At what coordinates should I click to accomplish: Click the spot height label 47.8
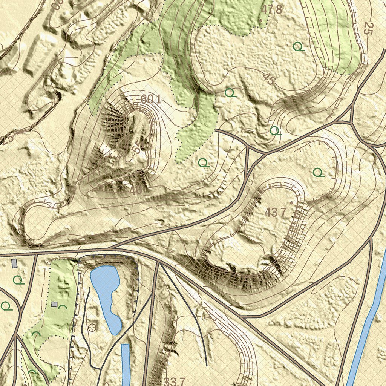tap(272, 9)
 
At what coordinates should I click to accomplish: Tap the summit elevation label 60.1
tap(151, 100)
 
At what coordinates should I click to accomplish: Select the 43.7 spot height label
tap(276, 212)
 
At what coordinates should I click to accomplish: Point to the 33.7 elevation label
tap(175, 381)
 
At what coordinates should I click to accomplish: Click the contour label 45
tap(269, 79)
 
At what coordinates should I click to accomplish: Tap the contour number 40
tap(136, 190)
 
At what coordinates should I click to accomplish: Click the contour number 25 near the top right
tap(368, 29)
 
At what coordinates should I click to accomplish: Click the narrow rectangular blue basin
tap(126, 364)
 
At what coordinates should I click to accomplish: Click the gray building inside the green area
tap(54, 304)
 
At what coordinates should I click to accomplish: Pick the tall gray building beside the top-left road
tap(15, 263)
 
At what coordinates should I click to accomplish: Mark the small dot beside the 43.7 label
tap(291, 203)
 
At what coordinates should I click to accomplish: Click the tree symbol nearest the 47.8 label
tap(298, 47)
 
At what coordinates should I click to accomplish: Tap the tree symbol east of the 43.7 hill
tap(319, 173)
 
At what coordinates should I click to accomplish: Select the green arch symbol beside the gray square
tap(63, 307)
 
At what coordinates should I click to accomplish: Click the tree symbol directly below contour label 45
tap(275, 131)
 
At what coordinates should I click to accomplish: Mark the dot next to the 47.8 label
tap(260, 20)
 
